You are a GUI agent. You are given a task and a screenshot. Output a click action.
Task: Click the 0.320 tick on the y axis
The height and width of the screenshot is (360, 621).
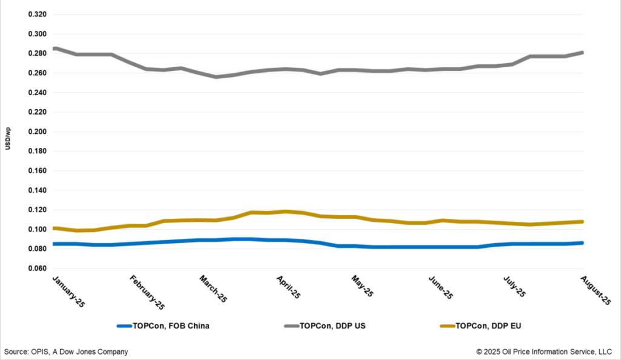[x=38, y=15]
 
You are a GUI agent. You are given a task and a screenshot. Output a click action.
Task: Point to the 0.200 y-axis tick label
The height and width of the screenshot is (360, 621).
[x=38, y=132]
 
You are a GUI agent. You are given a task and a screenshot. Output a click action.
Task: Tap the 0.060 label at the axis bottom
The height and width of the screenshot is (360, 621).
[x=38, y=268]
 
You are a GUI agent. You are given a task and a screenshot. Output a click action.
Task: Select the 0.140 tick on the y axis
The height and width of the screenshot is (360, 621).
[x=38, y=190]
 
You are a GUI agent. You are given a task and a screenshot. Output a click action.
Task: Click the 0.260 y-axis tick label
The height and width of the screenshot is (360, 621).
[x=38, y=73]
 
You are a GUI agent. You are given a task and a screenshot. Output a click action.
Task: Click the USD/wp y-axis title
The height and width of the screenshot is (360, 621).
[x=8, y=141]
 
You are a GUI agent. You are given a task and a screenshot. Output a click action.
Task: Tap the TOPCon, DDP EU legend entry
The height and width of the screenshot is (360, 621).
[x=488, y=326]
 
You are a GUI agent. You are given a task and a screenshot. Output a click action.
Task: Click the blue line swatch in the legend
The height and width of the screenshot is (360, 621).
[x=130, y=326]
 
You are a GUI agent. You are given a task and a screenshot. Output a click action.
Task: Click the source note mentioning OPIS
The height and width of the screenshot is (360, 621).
[x=66, y=352]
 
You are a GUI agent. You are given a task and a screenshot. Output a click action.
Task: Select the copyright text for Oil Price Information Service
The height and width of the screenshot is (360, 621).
[x=545, y=352]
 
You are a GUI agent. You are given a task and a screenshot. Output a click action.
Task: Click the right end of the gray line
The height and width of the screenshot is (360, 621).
[x=583, y=53]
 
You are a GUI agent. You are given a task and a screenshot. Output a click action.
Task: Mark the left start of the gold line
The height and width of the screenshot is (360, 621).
[x=54, y=228]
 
